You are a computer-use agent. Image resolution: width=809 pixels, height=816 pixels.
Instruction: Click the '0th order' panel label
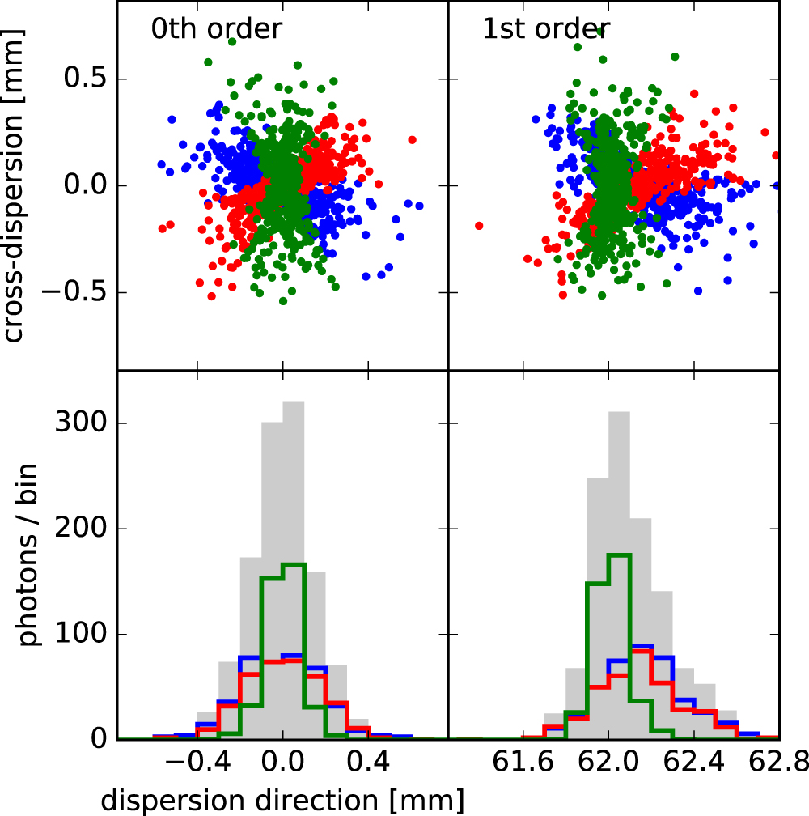216,29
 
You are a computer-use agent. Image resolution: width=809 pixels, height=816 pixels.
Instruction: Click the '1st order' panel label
546,29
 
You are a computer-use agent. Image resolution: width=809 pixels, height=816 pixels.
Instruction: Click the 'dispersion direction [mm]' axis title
282,799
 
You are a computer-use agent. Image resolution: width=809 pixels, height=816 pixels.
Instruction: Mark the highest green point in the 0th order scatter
231,41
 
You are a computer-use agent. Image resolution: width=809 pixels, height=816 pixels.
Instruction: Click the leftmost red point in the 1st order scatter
479,226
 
